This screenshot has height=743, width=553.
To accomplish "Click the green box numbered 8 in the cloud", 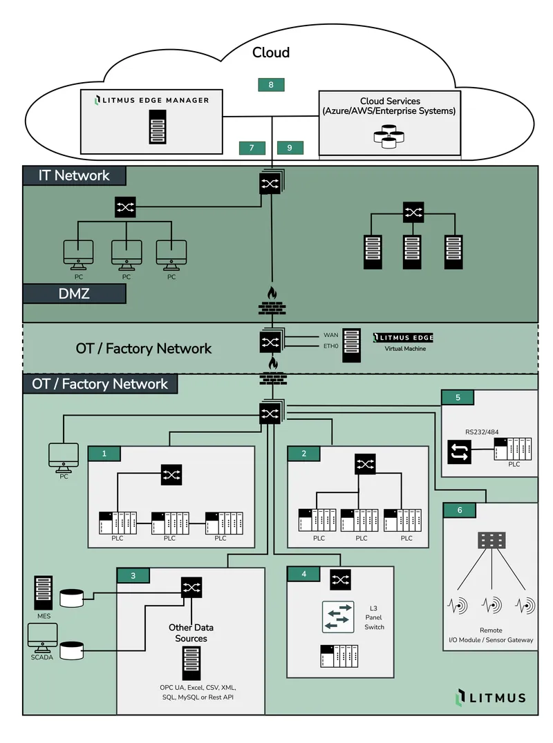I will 271,85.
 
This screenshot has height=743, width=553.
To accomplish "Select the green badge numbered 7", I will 252,148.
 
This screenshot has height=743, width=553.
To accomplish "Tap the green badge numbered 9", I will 290,148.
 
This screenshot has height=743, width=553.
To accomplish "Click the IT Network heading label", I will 74,175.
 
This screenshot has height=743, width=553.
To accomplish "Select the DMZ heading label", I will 74,293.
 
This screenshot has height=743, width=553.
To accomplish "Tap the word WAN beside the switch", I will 330,335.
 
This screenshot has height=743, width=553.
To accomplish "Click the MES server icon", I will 44,593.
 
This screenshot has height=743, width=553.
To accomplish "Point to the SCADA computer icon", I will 42,638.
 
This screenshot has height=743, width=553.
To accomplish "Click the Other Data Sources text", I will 191,633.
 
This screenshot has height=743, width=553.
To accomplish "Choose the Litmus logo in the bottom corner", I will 491,697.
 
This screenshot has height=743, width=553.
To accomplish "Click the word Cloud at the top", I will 271,52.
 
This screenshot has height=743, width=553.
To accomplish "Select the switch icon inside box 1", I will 171,474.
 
